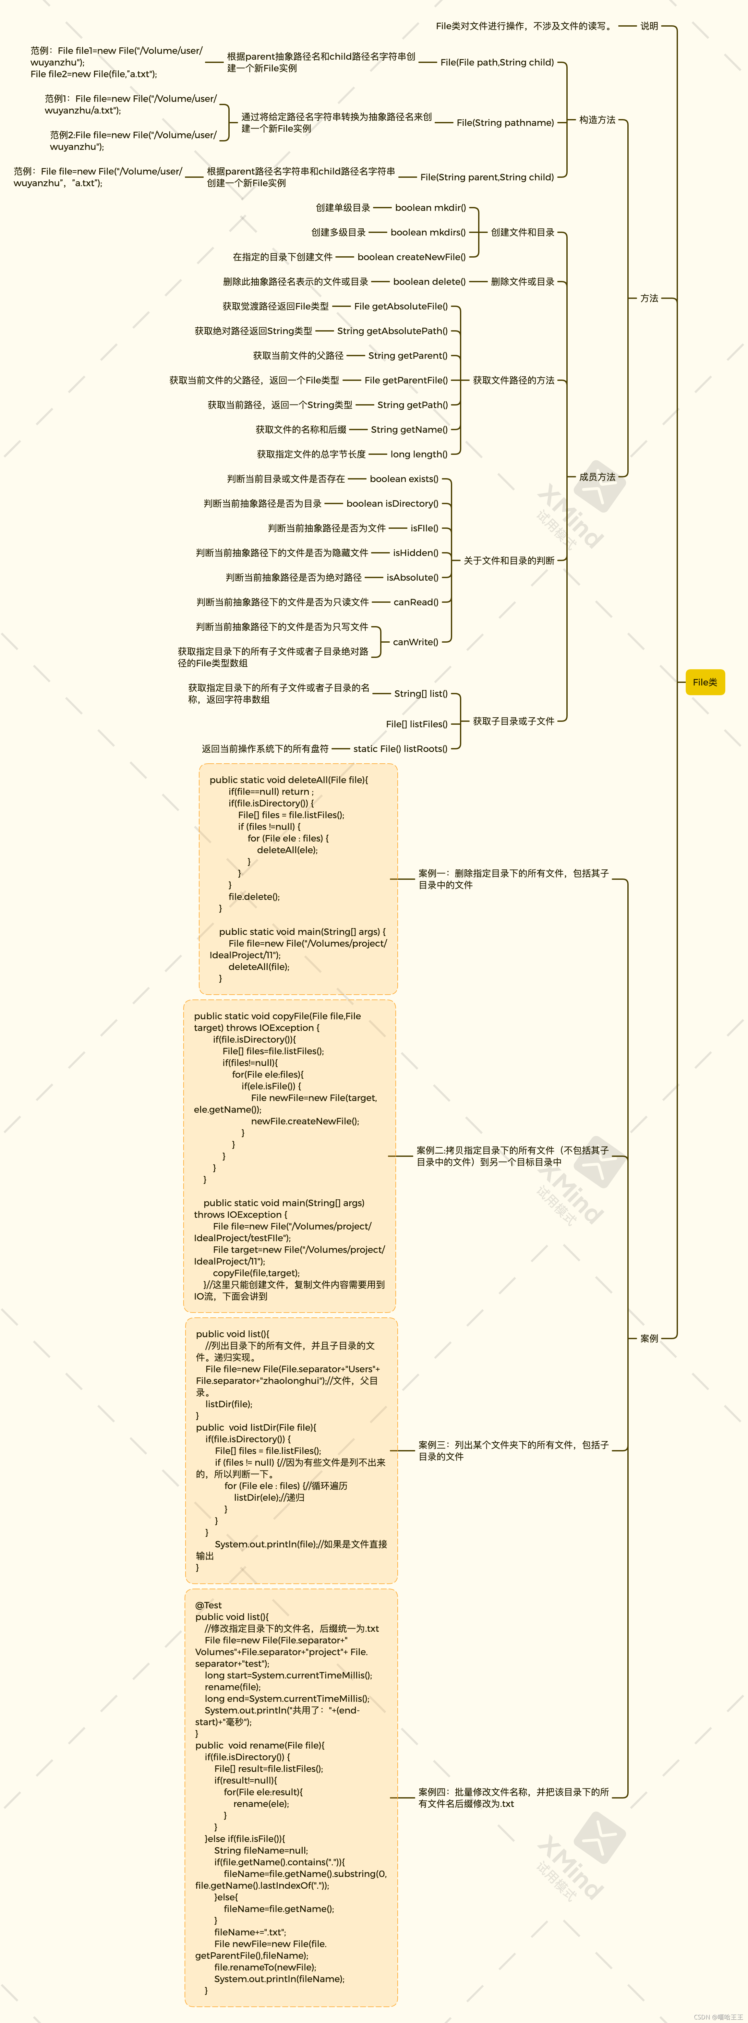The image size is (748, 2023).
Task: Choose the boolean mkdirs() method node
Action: [428, 233]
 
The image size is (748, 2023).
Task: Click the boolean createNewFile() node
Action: [411, 257]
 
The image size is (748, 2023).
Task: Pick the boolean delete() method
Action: [429, 281]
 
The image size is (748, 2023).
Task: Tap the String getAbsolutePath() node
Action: [392, 331]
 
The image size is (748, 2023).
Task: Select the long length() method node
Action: [419, 454]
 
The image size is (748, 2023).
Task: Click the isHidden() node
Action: [415, 553]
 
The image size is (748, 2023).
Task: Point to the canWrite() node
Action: [415, 642]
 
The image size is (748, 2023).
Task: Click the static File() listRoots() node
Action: [400, 748]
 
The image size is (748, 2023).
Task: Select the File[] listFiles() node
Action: [417, 724]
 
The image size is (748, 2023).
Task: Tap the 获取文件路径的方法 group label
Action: [513, 380]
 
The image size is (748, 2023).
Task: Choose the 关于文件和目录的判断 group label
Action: [509, 561]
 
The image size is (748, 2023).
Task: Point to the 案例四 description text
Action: [513, 1798]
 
